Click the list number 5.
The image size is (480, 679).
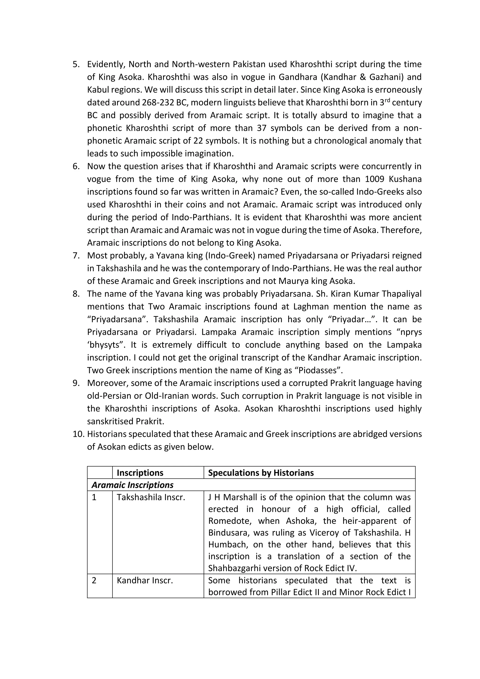76,64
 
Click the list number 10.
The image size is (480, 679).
79,434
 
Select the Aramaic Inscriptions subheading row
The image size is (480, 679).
132,485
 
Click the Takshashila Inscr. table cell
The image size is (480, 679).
151,498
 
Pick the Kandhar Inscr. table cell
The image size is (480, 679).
145,581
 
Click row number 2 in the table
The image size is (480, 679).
94,581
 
